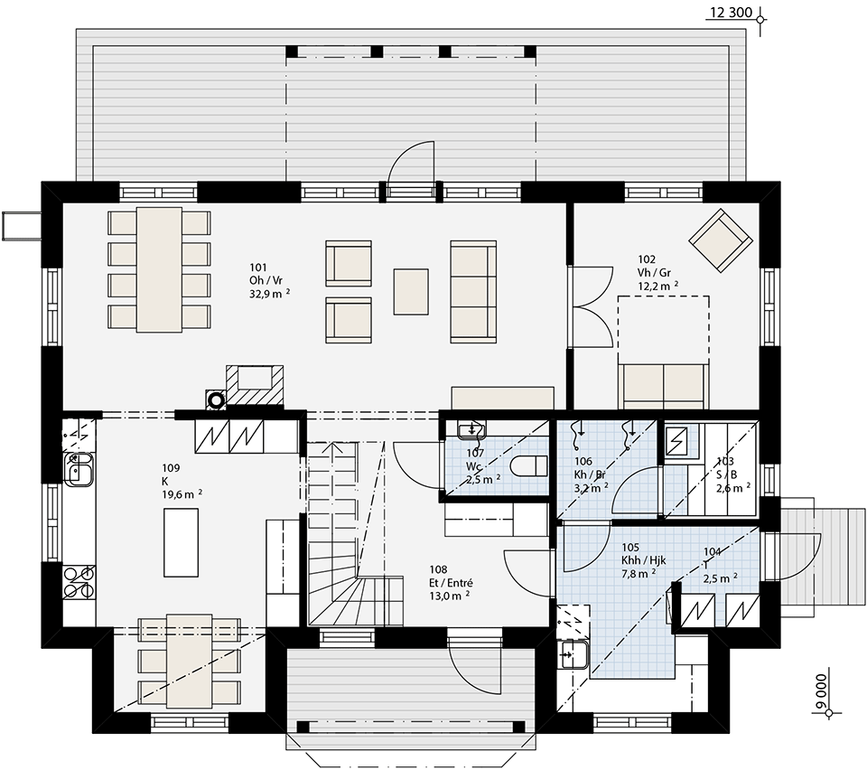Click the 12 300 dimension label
[x=731, y=12]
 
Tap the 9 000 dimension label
[x=822, y=690]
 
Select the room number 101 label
[x=257, y=268]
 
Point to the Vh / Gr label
[x=654, y=273]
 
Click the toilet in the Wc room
[x=529, y=465]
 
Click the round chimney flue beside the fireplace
[x=216, y=399]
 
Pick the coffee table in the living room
[x=412, y=292]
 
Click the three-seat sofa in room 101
[x=473, y=292]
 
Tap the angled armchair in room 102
[x=721, y=240]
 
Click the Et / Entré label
[x=452, y=583]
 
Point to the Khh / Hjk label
[x=644, y=560]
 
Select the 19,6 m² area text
[x=182, y=494]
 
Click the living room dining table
[x=159, y=269]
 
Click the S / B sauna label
[x=726, y=474]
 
